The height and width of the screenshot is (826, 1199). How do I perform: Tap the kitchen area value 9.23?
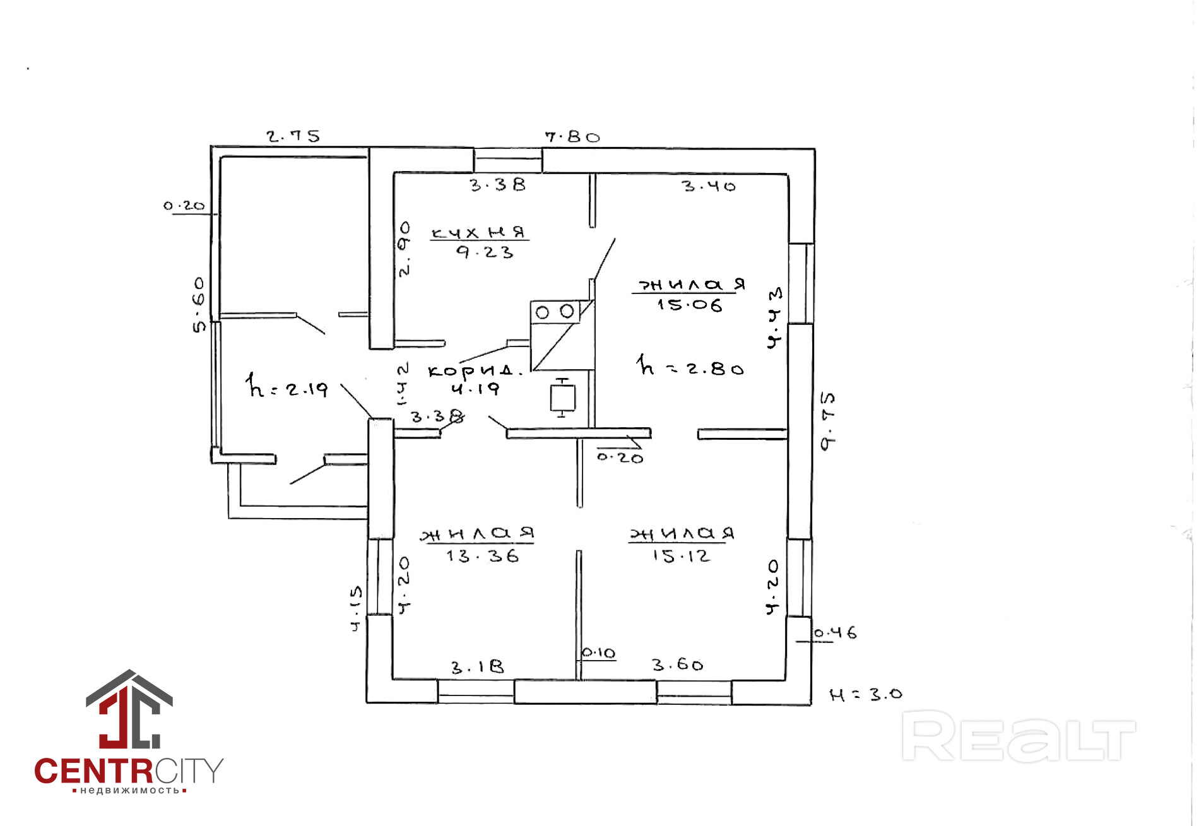click(x=485, y=252)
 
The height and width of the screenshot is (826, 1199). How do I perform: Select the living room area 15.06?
click(x=689, y=305)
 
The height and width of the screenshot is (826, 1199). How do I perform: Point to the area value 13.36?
click(x=483, y=556)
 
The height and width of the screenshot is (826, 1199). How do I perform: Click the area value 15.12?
click(x=682, y=556)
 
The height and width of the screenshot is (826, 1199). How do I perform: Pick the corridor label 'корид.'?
click(x=475, y=370)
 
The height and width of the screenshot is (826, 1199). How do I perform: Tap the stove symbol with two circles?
click(x=555, y=312)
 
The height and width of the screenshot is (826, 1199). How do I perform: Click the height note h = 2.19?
click(x=287, y=386)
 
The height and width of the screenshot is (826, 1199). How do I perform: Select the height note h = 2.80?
click(x=690, y=367)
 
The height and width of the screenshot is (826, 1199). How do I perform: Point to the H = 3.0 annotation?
click(x=866, y=695)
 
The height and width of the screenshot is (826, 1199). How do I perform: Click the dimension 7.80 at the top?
click(x=572, y=137)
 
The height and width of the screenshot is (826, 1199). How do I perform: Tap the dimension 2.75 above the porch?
click(x=293, y=136)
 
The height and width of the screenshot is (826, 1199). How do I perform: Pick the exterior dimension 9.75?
click(x=827, y=421)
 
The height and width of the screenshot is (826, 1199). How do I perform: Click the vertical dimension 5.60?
click(x=199, y=304)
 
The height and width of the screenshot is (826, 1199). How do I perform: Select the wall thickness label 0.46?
click(x=835, y=632)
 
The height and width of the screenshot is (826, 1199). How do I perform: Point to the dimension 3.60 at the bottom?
click(x=678, y=664)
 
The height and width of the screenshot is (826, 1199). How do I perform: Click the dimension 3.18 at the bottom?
click(x=478, y=667)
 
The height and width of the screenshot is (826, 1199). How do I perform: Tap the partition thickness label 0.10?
click(x=598, y=653)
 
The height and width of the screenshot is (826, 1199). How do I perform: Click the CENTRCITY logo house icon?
click(x=129, y=710)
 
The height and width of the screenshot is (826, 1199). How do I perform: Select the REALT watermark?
click(x=1019, y=736)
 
